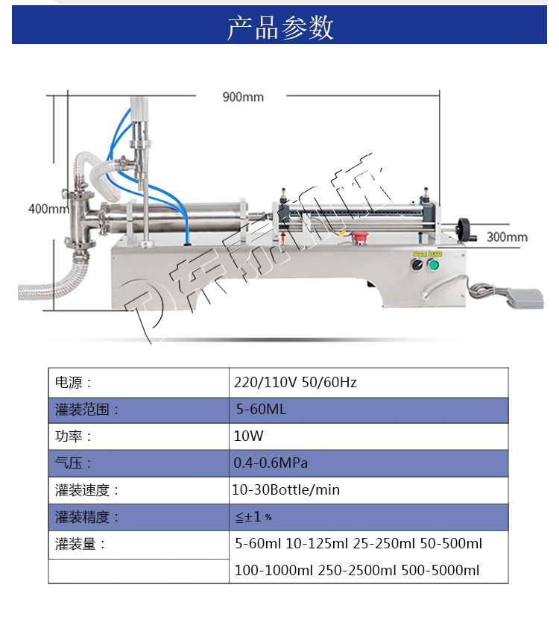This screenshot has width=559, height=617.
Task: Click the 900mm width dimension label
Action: (x=243, y=97)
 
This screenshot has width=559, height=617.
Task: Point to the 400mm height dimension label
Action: (x=48, y=208)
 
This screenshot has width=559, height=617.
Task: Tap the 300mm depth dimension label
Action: (x=507, y=237)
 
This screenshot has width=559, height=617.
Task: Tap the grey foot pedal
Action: (x=522, y=297)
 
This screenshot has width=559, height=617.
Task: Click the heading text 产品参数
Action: (x=279, y=27)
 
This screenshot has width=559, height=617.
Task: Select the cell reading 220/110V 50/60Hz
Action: (x=295, y=383)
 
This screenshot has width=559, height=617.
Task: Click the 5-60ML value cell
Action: (x=261, y=410)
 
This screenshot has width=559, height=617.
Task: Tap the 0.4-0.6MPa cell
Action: (x=271, y=463)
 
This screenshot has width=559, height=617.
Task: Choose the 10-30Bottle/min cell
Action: (x=286, y=490)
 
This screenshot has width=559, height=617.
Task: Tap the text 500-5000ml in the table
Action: (x=440, y=571)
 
